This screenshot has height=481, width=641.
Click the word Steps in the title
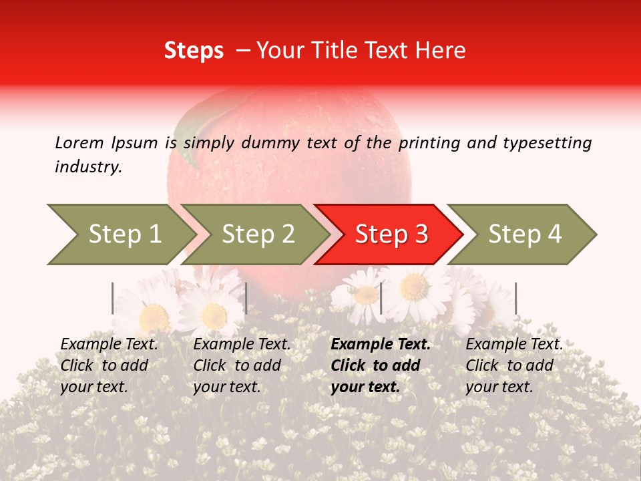(x=194, y=51)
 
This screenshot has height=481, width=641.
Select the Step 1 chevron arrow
(x=120, y=234)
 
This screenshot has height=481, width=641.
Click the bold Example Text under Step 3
(x=381, y=345)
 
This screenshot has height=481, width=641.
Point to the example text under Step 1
(x=109, y=365)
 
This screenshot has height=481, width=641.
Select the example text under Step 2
(x=242, y=365)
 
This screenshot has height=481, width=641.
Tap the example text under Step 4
(x=514, y=365)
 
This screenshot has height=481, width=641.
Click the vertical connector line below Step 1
(x=113, y=298)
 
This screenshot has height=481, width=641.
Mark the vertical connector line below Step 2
(x=246, y=298)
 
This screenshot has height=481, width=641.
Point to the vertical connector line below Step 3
(x=381, y=298)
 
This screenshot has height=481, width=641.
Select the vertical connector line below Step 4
(x=515, y=298)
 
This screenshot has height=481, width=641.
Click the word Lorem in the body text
(x=79, y=142)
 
